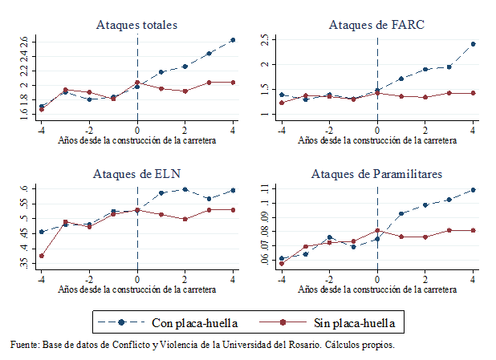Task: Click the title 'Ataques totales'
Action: click(136, 25)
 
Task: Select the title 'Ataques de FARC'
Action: click(376, 25)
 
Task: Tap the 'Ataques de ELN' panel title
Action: click(136, 173)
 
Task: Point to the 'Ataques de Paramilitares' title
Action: click(376, 173)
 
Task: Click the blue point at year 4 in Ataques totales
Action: click(233, 39)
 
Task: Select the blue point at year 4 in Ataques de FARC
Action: click(473, 44)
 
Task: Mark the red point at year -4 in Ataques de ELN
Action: click(41, 256)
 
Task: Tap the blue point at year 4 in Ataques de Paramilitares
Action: click(473, 190)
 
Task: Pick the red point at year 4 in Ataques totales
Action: click(233, 82)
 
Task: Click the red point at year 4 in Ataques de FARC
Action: click(473, 93)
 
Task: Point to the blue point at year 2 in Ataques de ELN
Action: click(185, 189)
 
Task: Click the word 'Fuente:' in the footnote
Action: click(25, 345)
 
